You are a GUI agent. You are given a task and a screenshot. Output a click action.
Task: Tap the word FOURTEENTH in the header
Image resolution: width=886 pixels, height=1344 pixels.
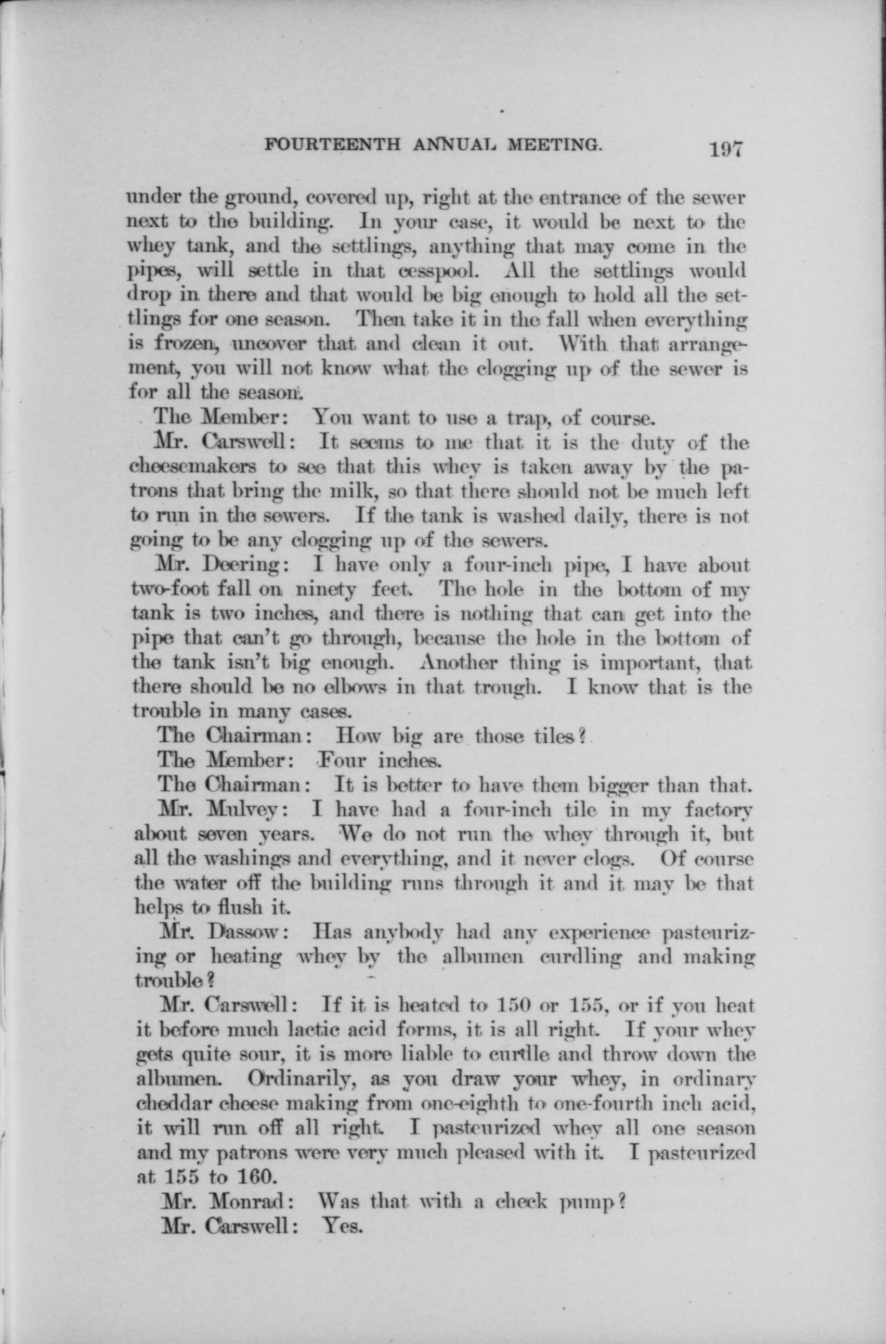coord(332,146)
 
